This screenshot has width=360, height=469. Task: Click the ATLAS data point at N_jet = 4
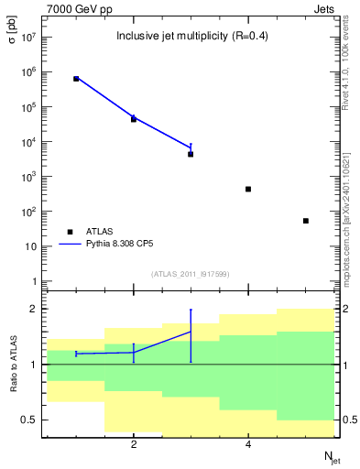(248, 189)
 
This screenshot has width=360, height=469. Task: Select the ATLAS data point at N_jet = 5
(306, 221)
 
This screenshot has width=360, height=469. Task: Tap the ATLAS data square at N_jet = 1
(76, 79)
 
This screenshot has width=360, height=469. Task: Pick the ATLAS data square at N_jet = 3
(191, 154)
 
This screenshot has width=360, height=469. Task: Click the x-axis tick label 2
(134, 445)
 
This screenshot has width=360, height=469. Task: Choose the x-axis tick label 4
(248, 445)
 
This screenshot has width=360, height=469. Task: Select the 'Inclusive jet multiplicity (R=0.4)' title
(190, 37)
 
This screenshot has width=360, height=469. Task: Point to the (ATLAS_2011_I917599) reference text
(190, 273)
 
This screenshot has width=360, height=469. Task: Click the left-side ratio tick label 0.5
(30, 420)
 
